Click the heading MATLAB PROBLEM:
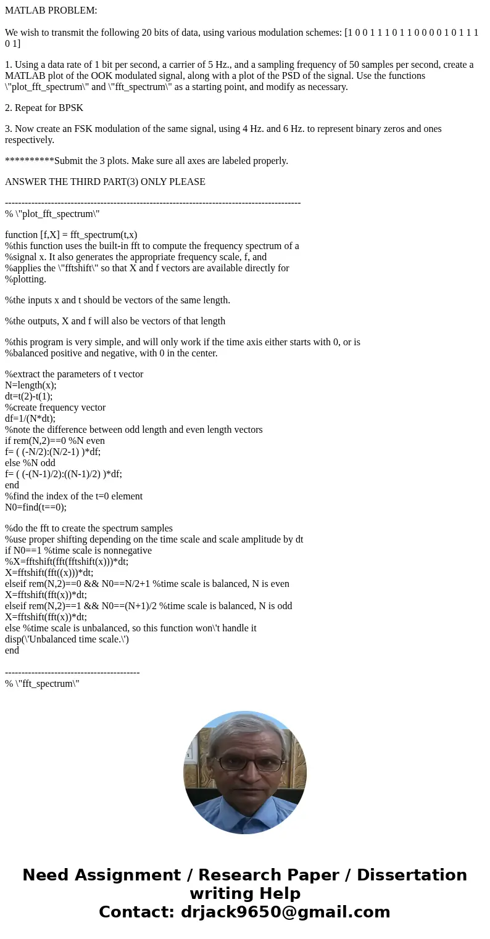click(51, 10)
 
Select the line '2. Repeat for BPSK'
click(44, 108)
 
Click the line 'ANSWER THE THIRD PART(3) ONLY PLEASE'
click(105, 182)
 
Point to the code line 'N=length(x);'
click(31, 385)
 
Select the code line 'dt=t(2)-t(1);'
click(28, 396)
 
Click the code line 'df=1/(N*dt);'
click(30, 419)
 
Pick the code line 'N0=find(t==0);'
click(36, 507)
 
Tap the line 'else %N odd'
click(30, 463)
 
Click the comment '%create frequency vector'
click(56, 408)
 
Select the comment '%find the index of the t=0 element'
click(74, 496)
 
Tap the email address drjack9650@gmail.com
click(284, 912)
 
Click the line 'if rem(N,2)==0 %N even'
click(55, 441)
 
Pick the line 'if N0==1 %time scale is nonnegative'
click(78, 551)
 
